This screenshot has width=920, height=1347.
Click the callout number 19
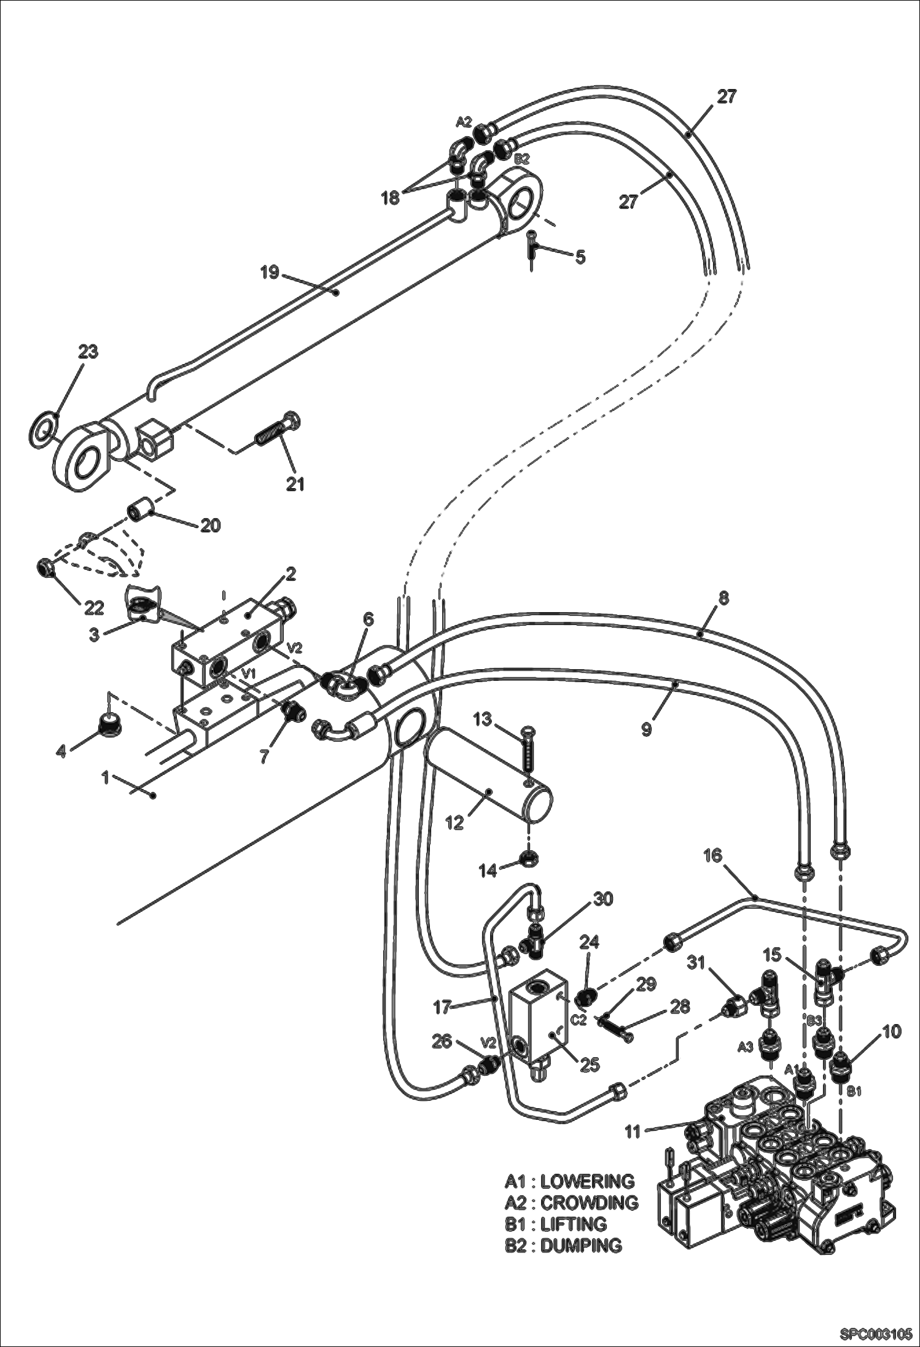[x=269, y=271]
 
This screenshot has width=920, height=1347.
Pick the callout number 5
[x=580, y=256]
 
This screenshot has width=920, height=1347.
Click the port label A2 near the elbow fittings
[x=463, y=122]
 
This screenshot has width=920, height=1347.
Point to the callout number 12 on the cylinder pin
[x=454, y=822]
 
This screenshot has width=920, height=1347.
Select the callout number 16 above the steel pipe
[x=713, y=855]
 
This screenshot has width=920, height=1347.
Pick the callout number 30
[x=602, y=899]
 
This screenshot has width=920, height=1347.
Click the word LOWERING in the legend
[x=587, y=1181]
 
